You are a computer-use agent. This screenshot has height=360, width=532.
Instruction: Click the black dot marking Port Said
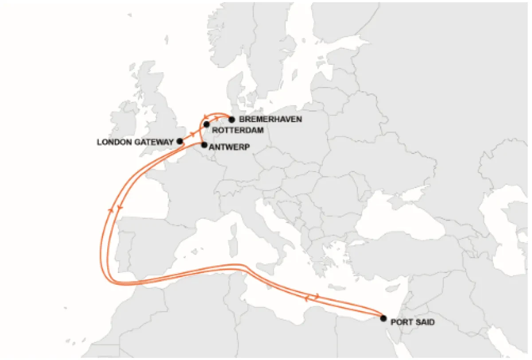pos(383,318)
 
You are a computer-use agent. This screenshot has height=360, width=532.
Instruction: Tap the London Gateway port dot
pos(180,141)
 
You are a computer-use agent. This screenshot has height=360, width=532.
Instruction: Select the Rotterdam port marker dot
pos(207,124)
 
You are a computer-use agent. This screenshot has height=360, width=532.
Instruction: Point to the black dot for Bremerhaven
pos(231,119)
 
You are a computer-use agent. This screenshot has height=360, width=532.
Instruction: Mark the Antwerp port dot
pos(204,145)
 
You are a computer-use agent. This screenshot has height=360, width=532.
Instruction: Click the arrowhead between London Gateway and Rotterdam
pos(193,133)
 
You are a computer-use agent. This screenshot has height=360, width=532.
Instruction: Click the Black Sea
pos(399,219)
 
